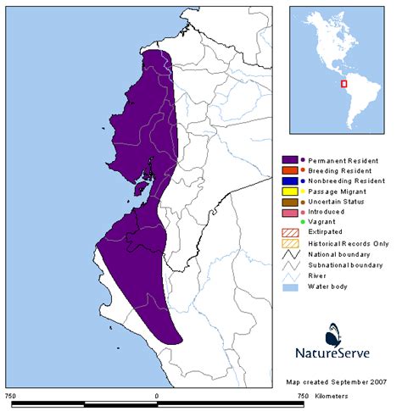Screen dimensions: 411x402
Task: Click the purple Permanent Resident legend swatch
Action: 289,159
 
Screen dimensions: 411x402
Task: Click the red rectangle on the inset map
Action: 343,83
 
